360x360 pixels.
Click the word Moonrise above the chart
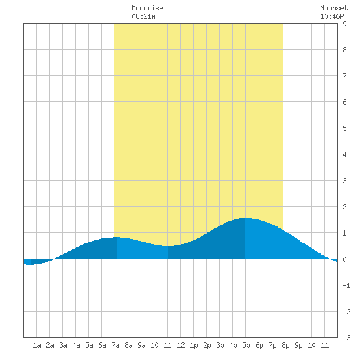(147, 8)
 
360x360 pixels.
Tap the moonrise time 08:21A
(143, 16)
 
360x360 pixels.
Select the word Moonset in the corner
(334, 8)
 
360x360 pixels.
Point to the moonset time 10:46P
(332, 16)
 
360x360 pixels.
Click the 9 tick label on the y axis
(344, 24)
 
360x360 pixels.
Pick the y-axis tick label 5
(344, 128)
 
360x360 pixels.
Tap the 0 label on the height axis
(344, 259)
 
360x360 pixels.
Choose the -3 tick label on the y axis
(346, 338)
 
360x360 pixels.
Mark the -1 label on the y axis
(346, 285)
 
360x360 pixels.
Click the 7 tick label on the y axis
(344, 76)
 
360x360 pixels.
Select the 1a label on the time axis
(37, 345)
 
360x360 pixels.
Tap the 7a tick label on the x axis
(115, 345)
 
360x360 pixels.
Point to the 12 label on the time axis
(181, 345)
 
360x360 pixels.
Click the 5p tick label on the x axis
(246, 345)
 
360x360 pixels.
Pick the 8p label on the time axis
(285, 345)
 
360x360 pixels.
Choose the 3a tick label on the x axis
(63, 345)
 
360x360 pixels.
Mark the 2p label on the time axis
(207, 345)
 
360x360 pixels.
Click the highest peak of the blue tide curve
(245, 218)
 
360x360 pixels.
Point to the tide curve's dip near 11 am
(168, 246)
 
